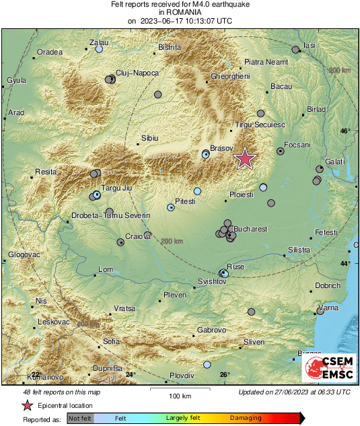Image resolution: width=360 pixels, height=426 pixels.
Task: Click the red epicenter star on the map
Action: (x=245, y=158)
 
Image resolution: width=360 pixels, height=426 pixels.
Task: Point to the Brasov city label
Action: (x=221, y=147)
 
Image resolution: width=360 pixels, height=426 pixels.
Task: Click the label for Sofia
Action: (x=111, y=341)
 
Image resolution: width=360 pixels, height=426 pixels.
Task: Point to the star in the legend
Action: (x=28, y=405)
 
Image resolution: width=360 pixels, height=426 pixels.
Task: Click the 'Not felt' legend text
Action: (x=80, y=419)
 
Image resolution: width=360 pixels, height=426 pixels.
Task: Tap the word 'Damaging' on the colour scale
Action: (x=246, y=419)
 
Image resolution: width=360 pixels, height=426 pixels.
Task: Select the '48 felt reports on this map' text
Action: (x=61, y=392)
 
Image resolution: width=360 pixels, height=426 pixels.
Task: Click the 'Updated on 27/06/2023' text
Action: (x=294, y=392)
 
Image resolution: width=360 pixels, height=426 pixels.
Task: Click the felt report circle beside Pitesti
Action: (x=171, y=208)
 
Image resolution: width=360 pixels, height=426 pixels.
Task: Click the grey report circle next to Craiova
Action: (x=120, y=239)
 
